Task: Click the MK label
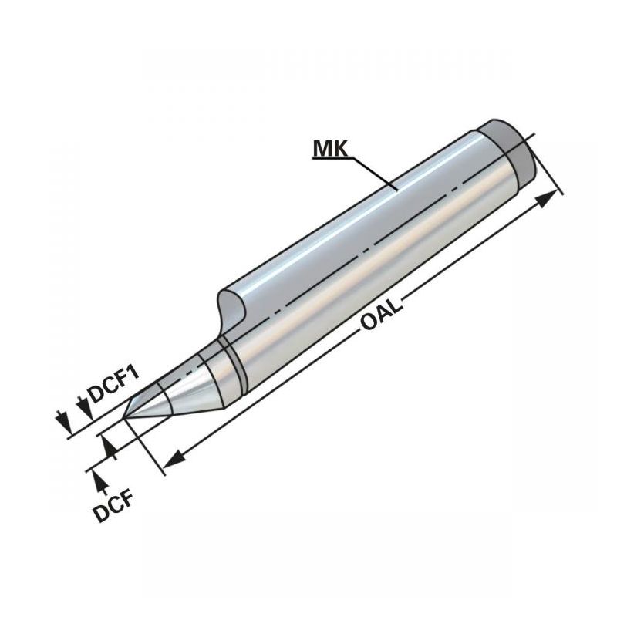(330, 149)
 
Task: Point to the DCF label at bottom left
(113, 507)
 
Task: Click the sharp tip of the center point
(123, 418)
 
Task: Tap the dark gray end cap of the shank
(511, 153)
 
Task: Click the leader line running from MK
(374, 174)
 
